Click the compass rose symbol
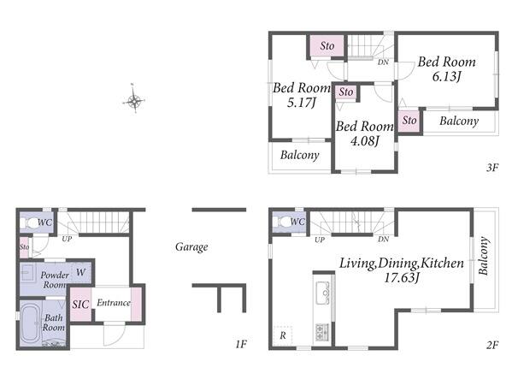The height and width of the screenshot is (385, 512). click(134, 100)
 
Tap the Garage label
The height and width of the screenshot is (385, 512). click(191, 247)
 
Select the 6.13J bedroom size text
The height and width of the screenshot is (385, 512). click(446, 77)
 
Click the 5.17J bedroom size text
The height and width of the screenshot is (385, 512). click(302, 103)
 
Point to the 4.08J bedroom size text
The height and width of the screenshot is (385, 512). click(364, 141)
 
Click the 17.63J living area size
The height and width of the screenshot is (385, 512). click(401, 278)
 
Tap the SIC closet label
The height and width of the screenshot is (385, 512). click(80, 305)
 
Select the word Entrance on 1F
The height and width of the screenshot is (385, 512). click(114, 303)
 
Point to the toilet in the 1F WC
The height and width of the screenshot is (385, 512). click(30, 223)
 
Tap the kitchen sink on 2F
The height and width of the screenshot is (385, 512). click(322, 293)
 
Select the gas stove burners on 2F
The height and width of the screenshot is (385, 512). click(322, 332)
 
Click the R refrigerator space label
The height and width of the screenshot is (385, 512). click(283, 335)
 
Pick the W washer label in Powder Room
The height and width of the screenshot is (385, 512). click(80, 272)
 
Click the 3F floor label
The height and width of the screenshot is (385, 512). click(492, 168)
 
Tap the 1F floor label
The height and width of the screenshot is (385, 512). click(241, 344)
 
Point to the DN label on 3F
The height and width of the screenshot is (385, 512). click(383, 62)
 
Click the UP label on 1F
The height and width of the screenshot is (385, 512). click(67, 239)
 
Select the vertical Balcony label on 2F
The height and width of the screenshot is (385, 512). click(484, 256)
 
